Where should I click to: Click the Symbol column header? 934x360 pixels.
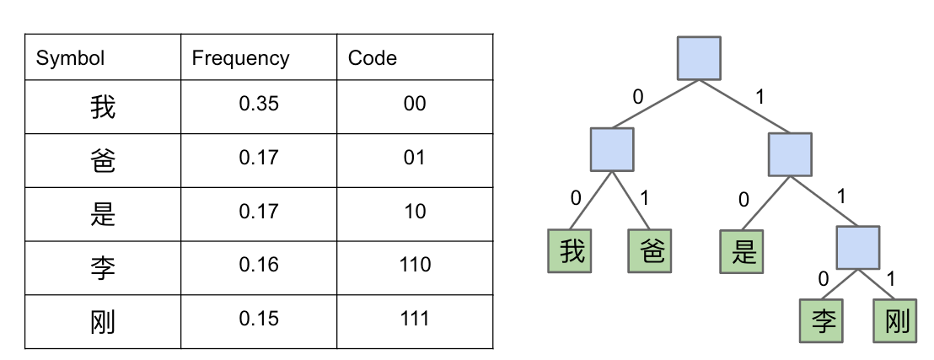point(70,58)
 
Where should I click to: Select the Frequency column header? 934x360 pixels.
point(240,58)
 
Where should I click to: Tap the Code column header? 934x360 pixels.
point(373,58)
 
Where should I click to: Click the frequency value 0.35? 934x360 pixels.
point(259,104)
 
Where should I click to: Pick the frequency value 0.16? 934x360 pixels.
point(259,265)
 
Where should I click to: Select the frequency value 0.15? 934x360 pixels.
point(259,319)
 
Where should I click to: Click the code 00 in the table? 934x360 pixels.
point(415,104)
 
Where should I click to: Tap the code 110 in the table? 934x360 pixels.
point(415,265)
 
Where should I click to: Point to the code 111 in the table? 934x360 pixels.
point(415,319)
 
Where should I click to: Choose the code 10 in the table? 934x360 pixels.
point(415,211)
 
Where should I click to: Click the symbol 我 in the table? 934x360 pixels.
point(103,107)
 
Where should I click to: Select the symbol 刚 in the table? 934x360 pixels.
point(103,322)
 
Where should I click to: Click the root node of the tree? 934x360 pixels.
point(699,58)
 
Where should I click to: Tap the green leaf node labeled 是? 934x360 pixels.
point(742,251)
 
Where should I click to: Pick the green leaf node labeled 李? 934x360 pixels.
point(821,320)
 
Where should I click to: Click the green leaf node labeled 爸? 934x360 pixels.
point(650,251)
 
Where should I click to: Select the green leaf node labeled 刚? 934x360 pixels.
point(895,320)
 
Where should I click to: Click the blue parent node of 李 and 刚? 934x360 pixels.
point(858,247)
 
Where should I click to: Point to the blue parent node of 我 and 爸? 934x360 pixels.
point(612,149)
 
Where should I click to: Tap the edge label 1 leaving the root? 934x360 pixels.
point(760,97)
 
